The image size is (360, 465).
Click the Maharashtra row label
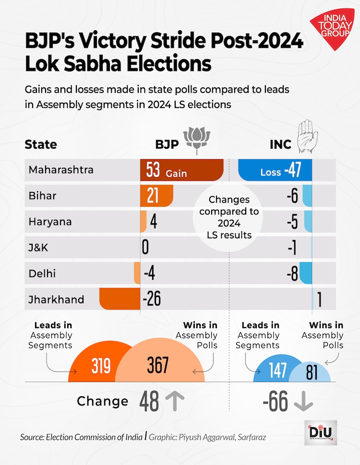coord(61,170)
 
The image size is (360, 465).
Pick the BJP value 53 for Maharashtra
coord(154,171)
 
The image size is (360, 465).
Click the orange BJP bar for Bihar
coord(156,196)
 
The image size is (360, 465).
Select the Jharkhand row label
coord(56,299)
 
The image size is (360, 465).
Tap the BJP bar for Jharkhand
coord(120,299)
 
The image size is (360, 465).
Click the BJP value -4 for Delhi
coord(149,274)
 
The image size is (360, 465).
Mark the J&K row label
coord(39,248)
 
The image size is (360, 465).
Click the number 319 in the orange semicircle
coord(101,366)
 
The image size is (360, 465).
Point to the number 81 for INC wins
coord(312,373)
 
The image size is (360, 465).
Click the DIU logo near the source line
coord(321,432)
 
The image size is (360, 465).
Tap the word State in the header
coord(41,144)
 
